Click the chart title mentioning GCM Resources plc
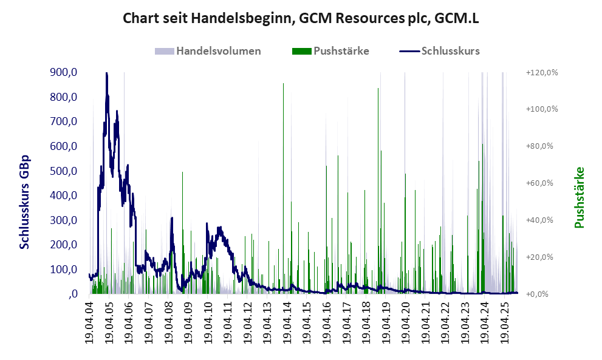tap(301, 18)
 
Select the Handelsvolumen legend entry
tap(218, 51)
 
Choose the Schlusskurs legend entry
tap(450, 51)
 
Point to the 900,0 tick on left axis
tap(63, 72)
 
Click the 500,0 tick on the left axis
tap(63, 171)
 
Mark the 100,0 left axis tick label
tap(63, 269)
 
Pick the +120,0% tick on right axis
tap(541, 72)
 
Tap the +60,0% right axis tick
tap(541, 183)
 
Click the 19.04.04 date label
tap(89, 322)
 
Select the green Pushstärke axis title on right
tap(579, 197)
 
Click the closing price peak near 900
tap(107, 73)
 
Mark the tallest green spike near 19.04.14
tap(283, 85)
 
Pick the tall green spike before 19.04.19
tap(378, 90)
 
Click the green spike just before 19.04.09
tap(183, 174)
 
